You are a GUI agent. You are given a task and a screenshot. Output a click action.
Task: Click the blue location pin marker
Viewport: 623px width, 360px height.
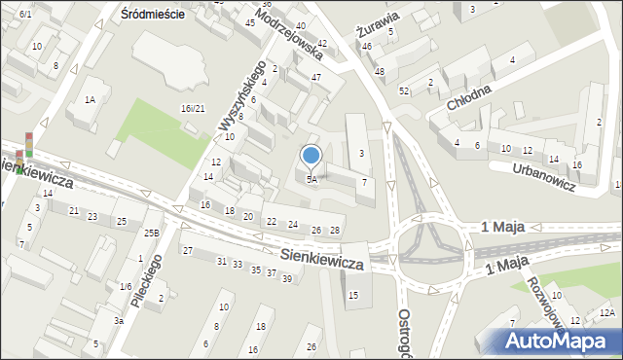click(x=311, y=156)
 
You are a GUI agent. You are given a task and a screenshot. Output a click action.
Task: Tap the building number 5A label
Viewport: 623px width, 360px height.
click(x=311, y=179)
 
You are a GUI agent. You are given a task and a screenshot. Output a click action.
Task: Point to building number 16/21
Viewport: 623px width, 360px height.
click(x=193, y=108)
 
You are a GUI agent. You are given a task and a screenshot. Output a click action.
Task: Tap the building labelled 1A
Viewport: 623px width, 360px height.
click(x=90, y=99)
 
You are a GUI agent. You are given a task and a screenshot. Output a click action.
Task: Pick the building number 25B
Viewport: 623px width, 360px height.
click(x=151, y=234)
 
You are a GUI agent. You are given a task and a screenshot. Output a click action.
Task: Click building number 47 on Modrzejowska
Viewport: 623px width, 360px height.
click(x=316, y=77)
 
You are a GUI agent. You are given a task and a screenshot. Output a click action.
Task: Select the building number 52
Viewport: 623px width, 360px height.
click(x=403, y=90)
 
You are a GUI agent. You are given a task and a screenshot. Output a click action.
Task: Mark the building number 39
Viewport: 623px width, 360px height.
click(x=286, y=279)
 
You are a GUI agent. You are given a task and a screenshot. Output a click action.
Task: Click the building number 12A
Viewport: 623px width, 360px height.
click(x=606, y=312)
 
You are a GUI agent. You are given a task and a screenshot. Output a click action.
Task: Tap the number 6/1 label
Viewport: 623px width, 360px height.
click(x=25, y=14)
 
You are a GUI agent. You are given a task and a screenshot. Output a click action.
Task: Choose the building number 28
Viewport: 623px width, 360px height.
click(x=334, y=231)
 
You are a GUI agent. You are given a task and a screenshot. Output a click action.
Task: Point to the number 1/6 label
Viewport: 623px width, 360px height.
click(x=125, y=286)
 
